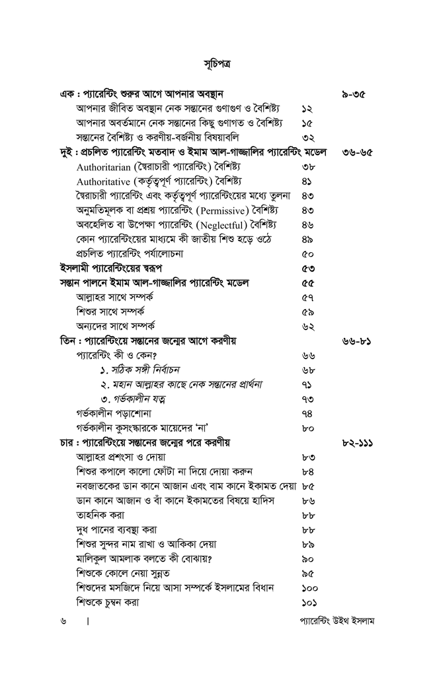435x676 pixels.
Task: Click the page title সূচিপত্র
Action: point(217,63)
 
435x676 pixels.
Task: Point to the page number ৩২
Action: point(307,138)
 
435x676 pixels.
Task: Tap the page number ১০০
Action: point(309,588)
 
